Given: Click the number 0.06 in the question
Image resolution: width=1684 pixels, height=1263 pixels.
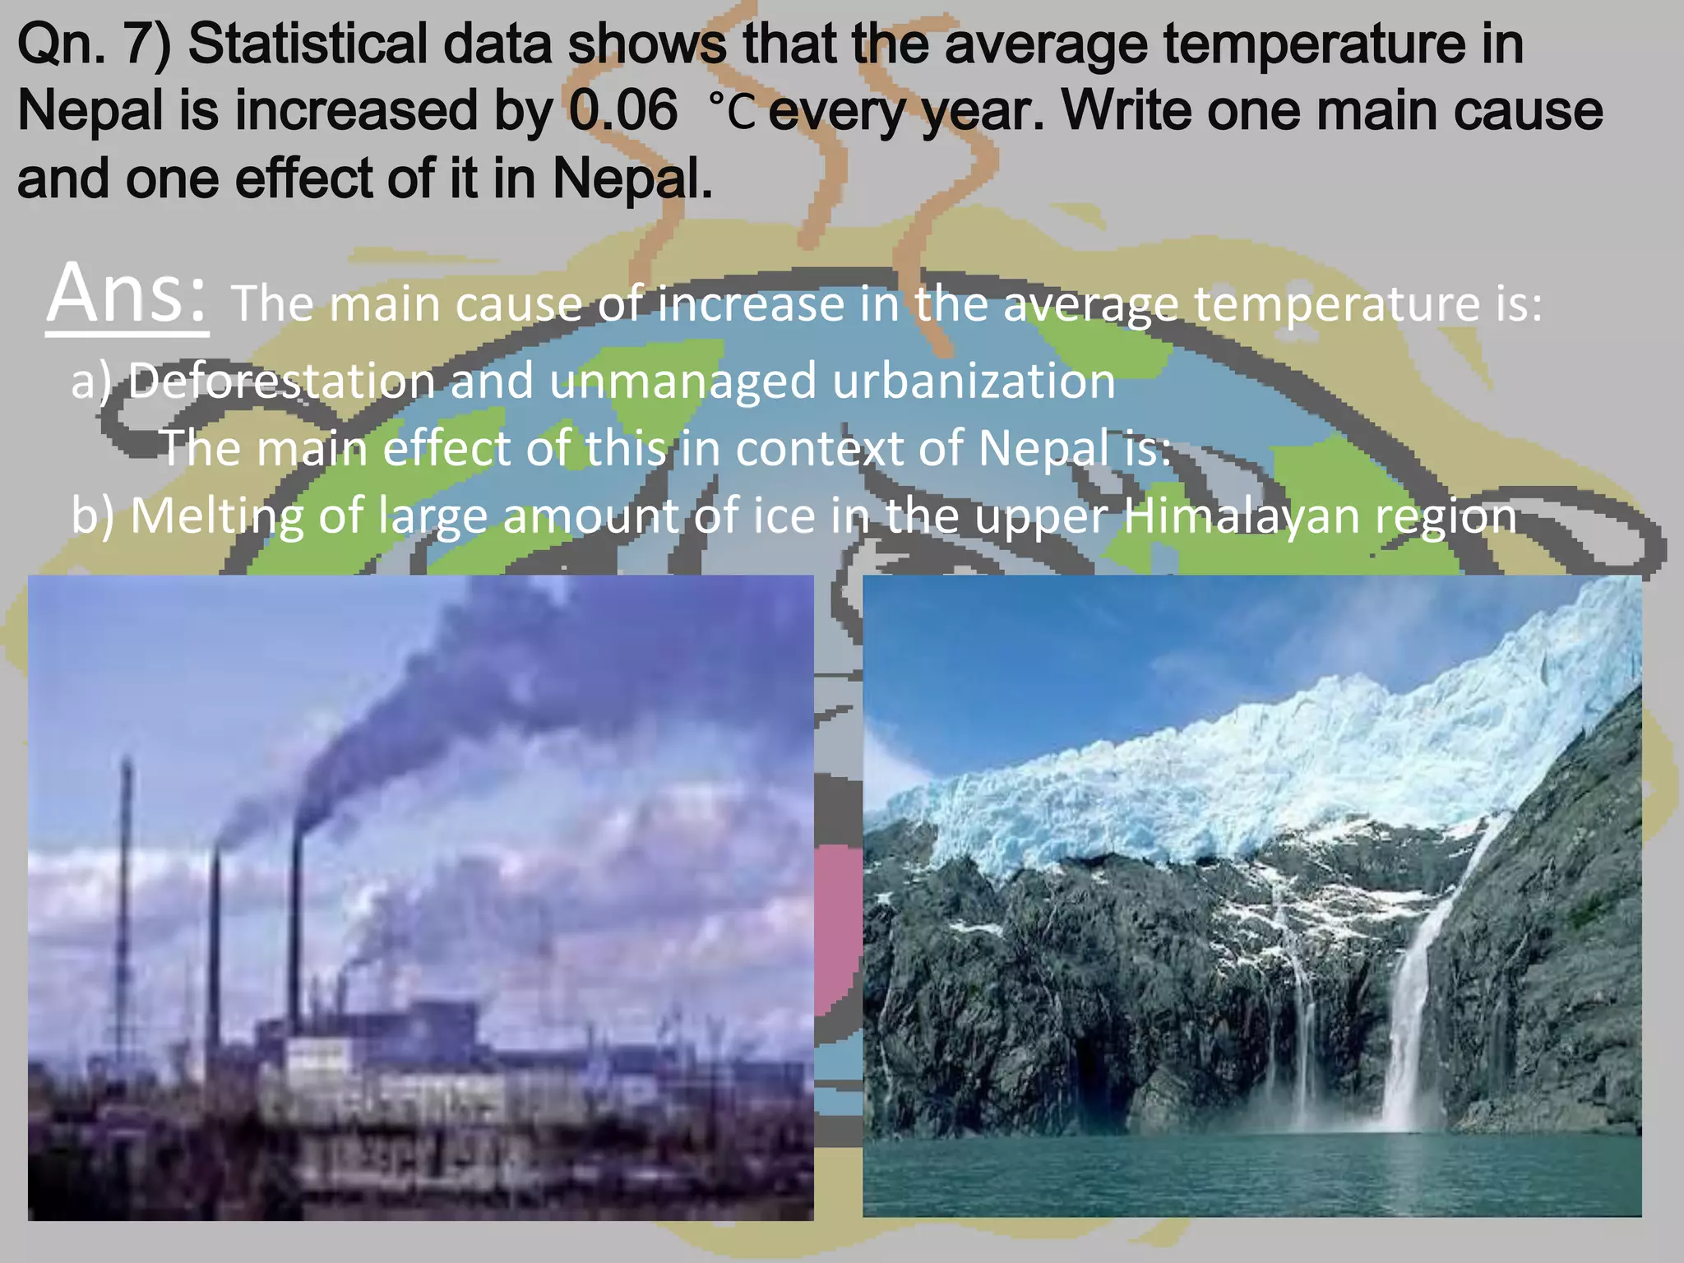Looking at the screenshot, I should click(623, 110).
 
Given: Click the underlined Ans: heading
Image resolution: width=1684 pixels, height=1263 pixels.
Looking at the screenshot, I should click(127, 294).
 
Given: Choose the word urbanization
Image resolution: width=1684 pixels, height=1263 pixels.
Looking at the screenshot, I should click(974, 381).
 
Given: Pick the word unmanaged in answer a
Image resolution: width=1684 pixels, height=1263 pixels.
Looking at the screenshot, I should click(682, 382).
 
